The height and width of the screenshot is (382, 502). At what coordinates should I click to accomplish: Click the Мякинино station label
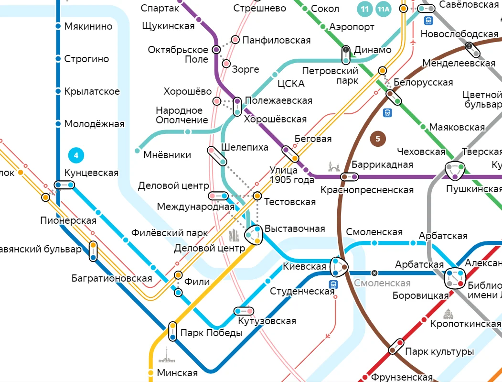(x=88, y=26)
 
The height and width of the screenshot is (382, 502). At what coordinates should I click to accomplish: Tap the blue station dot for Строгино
(x=58, y=59)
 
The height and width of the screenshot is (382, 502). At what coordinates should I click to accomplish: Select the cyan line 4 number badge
(x=75, y=155)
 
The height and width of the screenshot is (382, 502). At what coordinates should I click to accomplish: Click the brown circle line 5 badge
(x=377, y=139)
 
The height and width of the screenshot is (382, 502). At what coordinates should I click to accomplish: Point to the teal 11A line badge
(x=383, y=9)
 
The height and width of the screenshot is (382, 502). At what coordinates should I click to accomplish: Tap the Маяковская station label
(x=457, y=127)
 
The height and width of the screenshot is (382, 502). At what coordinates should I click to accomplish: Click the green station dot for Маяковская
(x=423, y=127)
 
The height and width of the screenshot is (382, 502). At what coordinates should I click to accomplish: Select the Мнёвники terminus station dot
(x=138, y=151)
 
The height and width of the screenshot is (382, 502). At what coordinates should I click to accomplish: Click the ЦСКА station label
(x=291, y=84)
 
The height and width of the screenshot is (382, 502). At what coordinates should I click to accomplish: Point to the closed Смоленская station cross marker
(x=374, y=273)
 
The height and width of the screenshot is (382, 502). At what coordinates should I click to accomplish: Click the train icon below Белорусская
(x=387, y=113)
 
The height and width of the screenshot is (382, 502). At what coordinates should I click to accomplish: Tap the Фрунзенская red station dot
(x=366, y=377)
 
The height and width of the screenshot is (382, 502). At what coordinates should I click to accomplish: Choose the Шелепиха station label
(x=245, y=147)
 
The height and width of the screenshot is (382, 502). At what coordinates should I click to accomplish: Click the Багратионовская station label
(x=112, y=278)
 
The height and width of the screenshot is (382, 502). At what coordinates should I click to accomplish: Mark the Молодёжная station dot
(x=58, y=124)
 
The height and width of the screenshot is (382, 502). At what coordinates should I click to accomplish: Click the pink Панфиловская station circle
(x=235, y=40)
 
